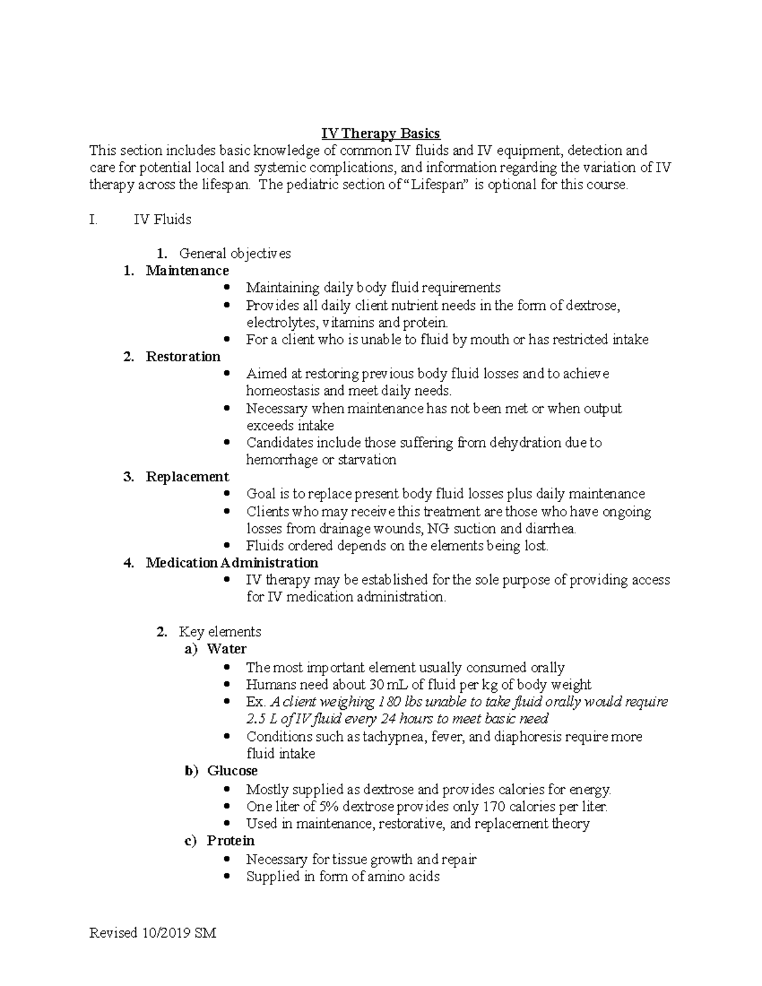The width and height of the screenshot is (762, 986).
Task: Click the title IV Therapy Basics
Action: tap(380, 133)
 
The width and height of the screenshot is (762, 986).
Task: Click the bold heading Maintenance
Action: tap(187, 270)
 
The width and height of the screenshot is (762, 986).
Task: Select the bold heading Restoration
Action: tap(183, 356)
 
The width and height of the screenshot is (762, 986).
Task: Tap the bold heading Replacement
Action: tap(187, 476)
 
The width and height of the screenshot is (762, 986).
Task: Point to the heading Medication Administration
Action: tap(232, 563)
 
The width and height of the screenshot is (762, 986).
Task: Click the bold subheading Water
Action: tap(227, 649)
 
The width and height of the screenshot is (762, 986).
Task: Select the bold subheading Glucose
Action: tap(232, 771)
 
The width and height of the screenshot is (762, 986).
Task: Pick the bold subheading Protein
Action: tap(231, 841)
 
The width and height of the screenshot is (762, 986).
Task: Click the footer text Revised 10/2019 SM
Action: tap(153, 933)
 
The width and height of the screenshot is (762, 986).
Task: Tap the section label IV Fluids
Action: tap(162, 220)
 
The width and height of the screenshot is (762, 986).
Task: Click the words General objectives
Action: tap(235, 253)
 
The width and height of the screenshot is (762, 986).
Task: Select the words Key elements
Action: tap(220, 632)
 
